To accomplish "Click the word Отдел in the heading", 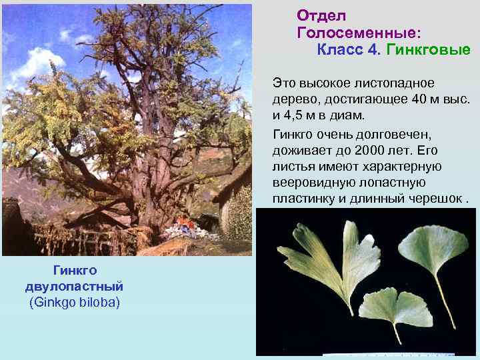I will (x=321, y=15).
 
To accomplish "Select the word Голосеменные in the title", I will (x=358, y=33).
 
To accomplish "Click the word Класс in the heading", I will (x=340, y=50).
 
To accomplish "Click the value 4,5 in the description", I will (x=298, y=116).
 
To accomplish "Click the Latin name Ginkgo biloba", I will (x=75, y=303).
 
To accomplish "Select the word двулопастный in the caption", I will (x=75, y=286).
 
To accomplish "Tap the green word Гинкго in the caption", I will (x=75, y=270).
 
